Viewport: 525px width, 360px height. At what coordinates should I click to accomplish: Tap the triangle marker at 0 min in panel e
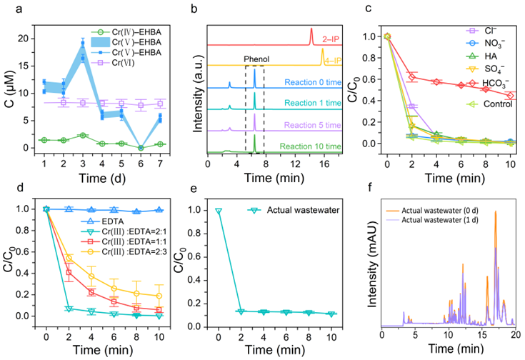(x=219, y=211)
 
